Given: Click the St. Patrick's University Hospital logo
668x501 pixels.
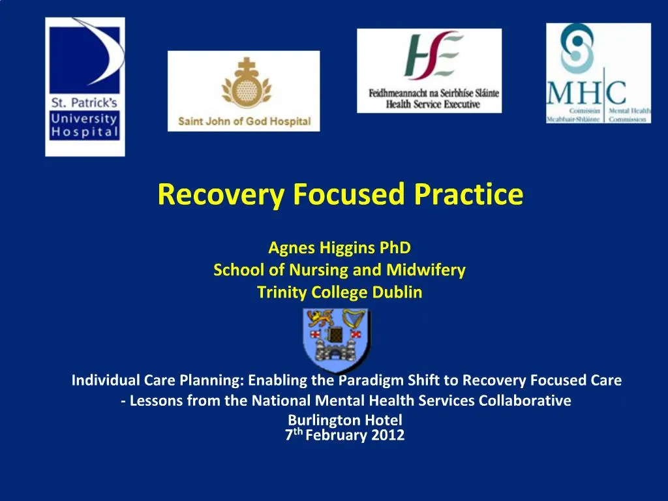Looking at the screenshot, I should pos(85,87).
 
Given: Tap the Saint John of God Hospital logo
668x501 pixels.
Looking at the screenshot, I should pos(243,91).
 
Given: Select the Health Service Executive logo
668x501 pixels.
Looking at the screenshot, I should pos(429,70).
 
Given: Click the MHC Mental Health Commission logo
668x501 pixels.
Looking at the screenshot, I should pos(598,74).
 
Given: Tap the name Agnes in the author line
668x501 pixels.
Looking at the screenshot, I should pos(291,248).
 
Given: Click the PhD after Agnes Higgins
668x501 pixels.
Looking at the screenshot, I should pos(397,248).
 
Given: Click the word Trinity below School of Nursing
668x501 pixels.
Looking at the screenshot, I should pos(282,293).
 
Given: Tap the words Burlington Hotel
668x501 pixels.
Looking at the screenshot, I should pos(345,420).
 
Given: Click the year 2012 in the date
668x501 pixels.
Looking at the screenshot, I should pos(387,436).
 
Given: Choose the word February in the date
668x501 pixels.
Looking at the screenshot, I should pos(337,436).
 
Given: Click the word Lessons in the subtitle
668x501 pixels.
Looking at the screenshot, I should pos(153,401).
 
